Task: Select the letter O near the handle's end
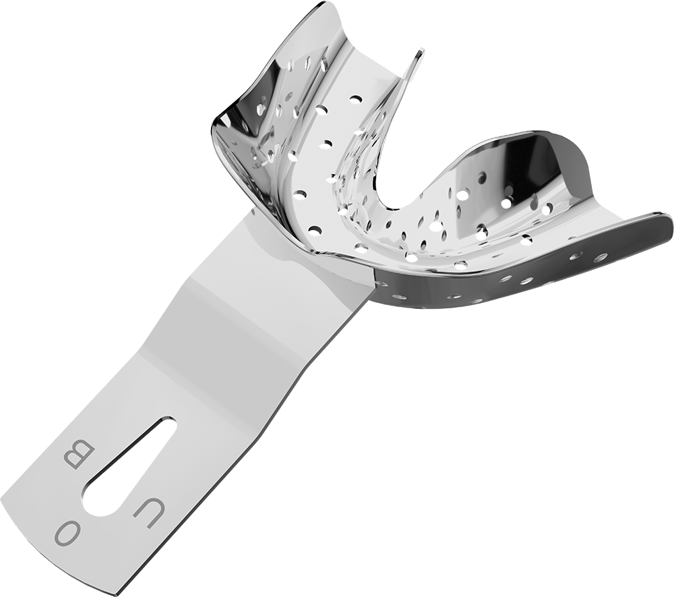point(68,534)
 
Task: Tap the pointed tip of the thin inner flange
point(422,52)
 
